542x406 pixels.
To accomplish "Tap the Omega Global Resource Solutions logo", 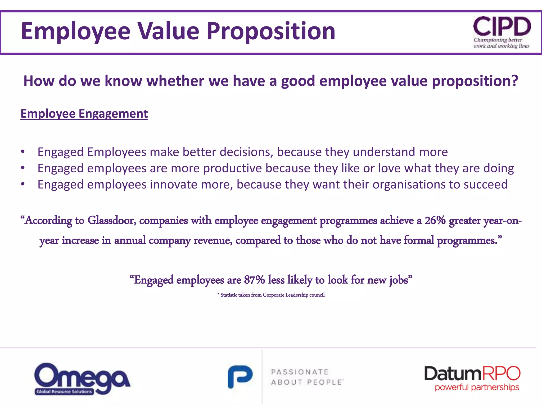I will click(x=82, y=379).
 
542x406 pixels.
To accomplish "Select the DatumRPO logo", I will click(x=472, y=378).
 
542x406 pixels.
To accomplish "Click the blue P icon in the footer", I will click(x=240, y=377).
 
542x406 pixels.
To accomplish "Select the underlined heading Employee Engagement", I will click(x=84, y=114).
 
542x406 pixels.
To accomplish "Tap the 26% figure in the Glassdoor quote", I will click(x=435, y=220).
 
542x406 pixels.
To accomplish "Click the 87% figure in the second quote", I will click(x=254, y=280).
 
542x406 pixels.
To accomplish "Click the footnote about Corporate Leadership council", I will click(x=271, y=295).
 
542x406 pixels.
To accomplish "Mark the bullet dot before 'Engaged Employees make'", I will click(x=23, y=152).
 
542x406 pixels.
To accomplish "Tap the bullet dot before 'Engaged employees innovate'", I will click(x=23, y=184).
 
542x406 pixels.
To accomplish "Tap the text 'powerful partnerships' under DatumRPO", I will click(x=477, y=387).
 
